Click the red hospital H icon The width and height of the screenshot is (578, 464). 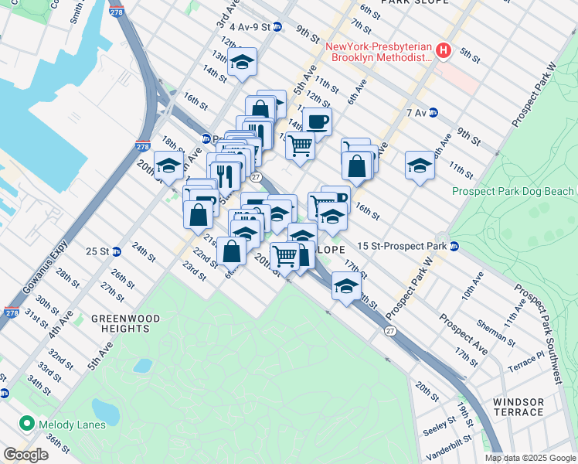tap(444, 51)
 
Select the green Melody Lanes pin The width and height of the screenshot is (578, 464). tap(28, 424)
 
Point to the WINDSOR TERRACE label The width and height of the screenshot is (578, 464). tap(518, 407)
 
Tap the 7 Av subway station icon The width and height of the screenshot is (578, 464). tap(433, 112)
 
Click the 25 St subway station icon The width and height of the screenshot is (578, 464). tap(117, 251)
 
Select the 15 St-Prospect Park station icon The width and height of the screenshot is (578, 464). tap(455, 247)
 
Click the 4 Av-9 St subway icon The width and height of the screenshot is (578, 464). tap(277, 27)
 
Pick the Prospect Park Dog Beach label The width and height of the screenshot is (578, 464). tap(513, 191)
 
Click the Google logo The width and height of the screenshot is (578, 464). tap(25, 454)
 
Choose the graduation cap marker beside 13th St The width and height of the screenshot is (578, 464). tap(242, 63)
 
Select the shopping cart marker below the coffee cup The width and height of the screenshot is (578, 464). tap(300, 145)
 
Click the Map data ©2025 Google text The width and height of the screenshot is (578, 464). tap(529, 458)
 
